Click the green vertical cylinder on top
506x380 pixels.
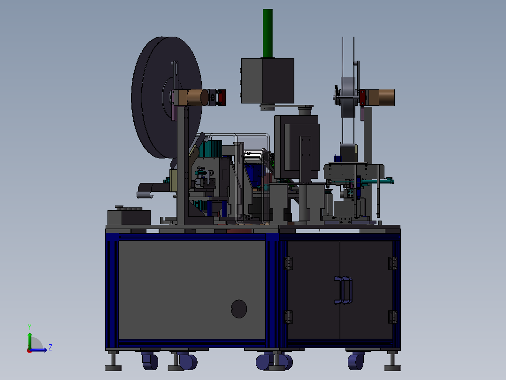click(x=268, y=33)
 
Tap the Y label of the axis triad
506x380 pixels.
click(x=30, y=327)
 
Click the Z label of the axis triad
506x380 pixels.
click(x=50, y=348)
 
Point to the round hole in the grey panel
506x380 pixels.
click(x=239, y=309)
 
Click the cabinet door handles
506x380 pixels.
click(x=343, y=290)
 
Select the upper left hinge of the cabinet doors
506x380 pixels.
click(x=289, y=263)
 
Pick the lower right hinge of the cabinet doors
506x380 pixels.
click(x=393, y=317)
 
